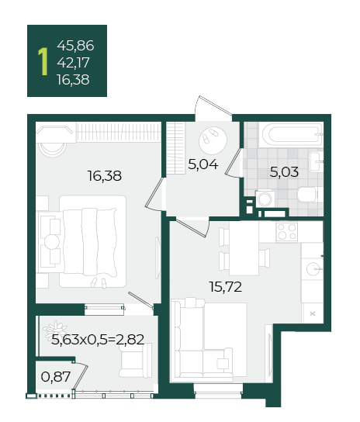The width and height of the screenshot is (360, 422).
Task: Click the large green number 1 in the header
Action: [x=43, y=61]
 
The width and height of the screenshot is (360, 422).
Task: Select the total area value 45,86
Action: [x=75, y=46]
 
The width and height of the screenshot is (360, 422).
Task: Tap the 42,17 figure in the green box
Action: [x=73, y=63]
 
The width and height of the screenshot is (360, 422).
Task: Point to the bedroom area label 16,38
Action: [x=105, y=176]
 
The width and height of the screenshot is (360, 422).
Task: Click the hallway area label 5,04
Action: [x=203, y=164]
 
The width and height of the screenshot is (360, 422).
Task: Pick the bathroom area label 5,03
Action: [x=284, y=171]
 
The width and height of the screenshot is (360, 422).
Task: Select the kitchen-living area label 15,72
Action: [x=226, y=287]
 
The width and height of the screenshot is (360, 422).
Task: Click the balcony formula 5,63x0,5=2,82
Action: [x=98, y=339]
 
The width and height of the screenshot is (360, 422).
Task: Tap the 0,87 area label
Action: [x=56, y=376]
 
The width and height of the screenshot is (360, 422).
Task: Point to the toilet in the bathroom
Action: [x=308, y=194]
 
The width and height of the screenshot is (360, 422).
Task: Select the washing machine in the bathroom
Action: [x=265, y=199]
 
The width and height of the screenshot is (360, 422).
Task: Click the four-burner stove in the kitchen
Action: [x=287, y=232]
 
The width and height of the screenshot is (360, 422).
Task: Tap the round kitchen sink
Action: [x=313, y=268]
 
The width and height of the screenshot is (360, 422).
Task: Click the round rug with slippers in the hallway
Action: [x=213, y=140]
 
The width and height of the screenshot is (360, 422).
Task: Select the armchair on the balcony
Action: [x=136, y=361]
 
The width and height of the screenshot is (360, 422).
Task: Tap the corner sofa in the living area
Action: [x=202, y=340]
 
